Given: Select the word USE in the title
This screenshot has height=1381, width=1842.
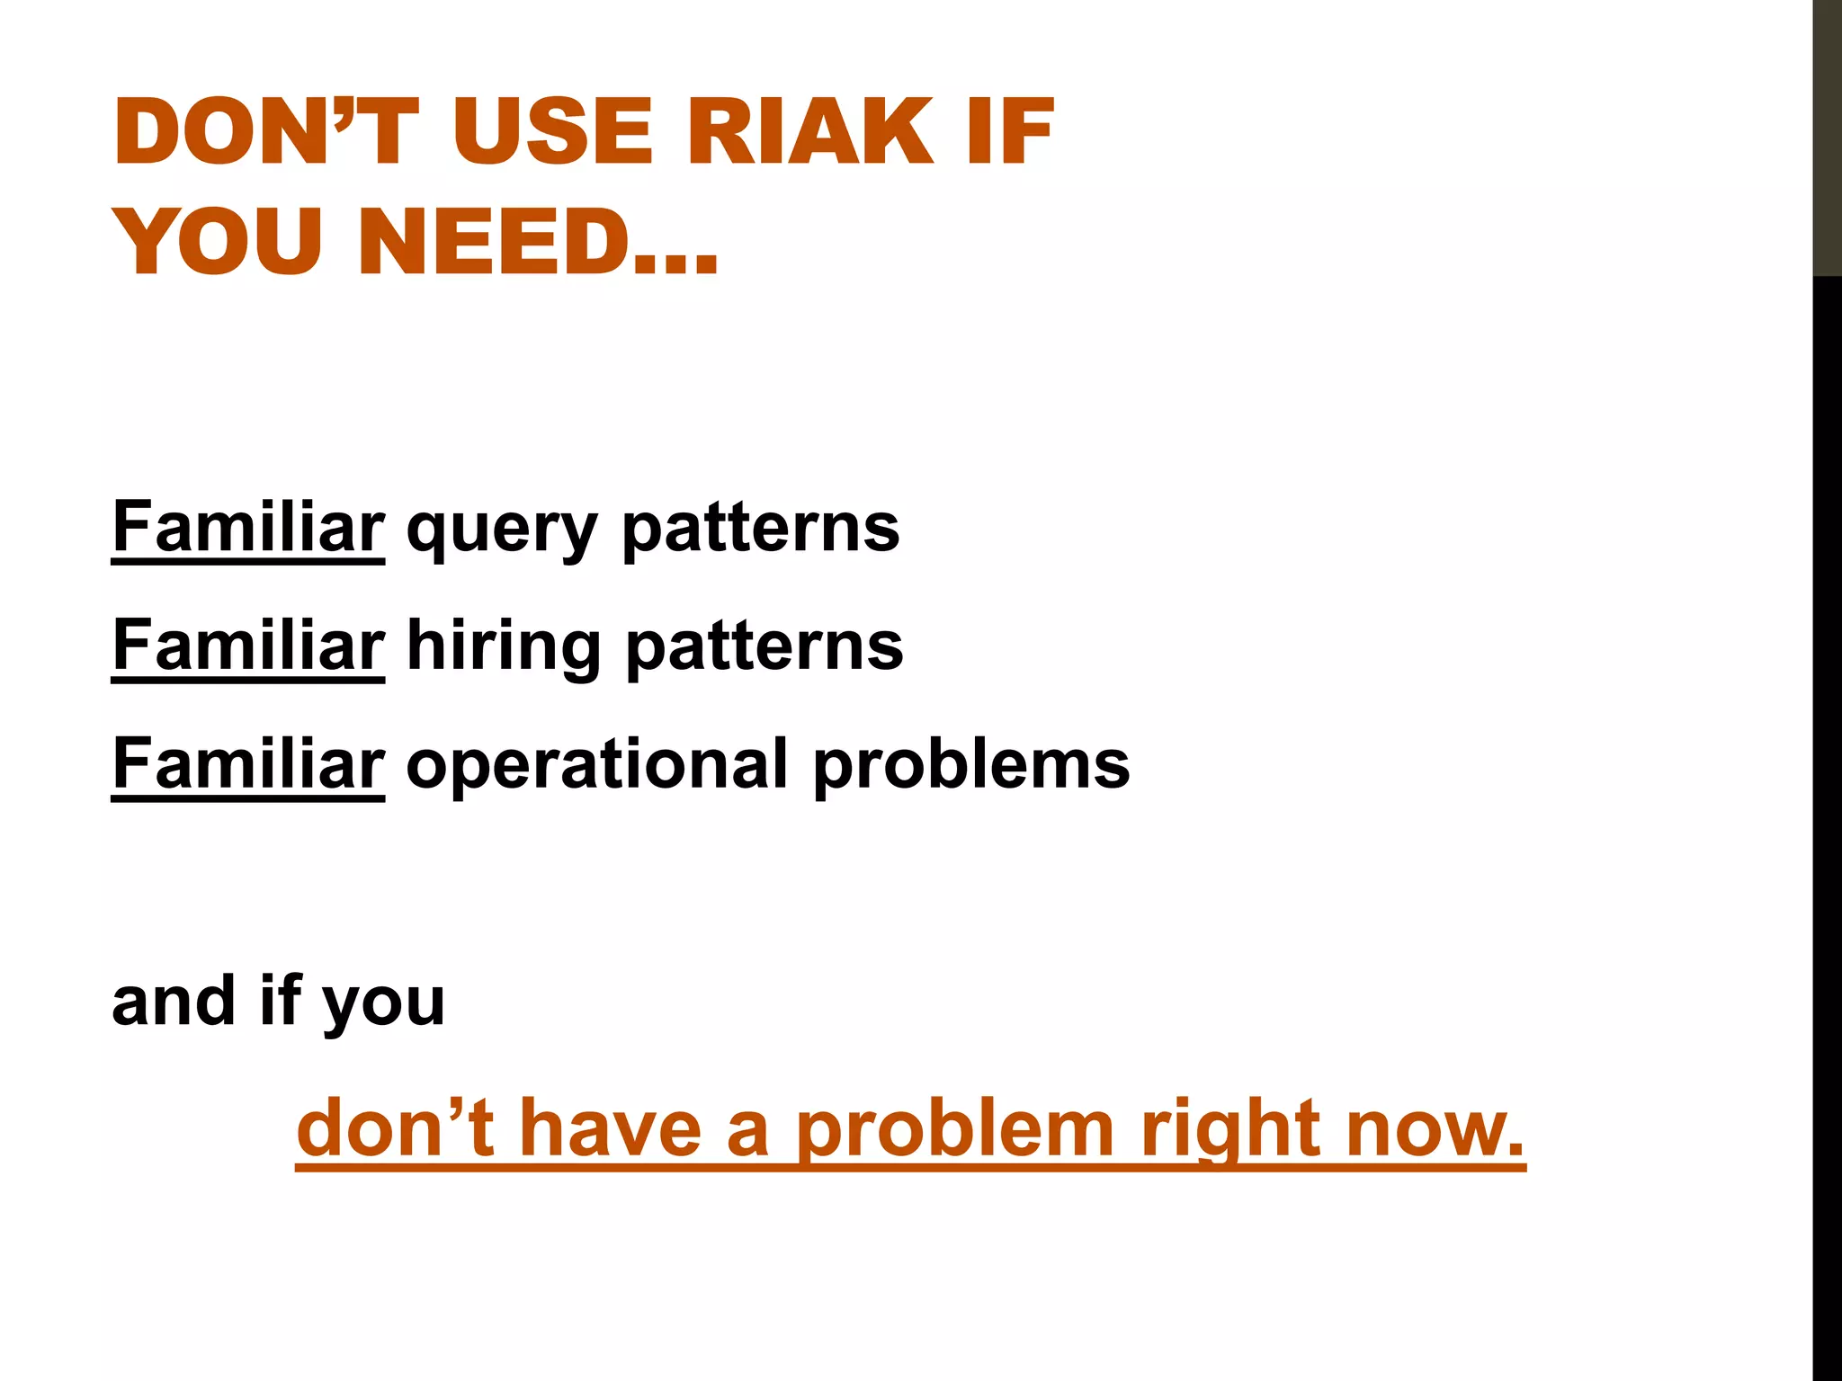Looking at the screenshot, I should [x=552, y=132].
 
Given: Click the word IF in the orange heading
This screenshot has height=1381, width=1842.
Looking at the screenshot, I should [x=1010, y=132].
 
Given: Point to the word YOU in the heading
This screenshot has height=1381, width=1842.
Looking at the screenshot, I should [x=218, y=242].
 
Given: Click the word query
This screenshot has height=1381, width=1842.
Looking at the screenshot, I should [x=502, y=530].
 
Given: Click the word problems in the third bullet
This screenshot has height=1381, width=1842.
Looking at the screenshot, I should [x=971, y=766].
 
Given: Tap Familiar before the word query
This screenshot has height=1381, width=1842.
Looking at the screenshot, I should [x=248, y=528].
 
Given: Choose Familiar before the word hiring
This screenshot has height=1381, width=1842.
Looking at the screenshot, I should [x=248, y=646].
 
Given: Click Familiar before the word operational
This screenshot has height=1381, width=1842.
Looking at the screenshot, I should [x=248, y=765].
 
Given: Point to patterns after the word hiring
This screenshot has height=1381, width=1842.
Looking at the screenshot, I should [x=764, y=647].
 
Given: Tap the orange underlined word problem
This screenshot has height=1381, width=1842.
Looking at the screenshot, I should [x=956, y=1130].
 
